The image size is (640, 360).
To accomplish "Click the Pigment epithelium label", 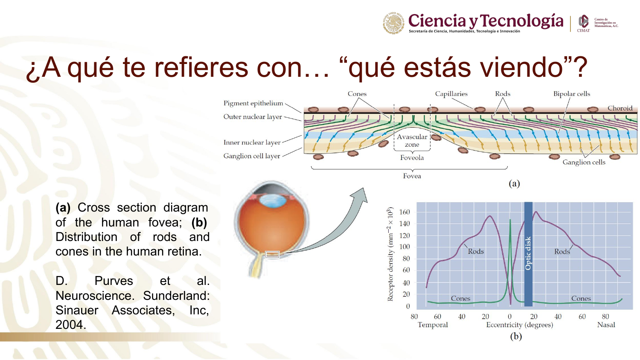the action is (253, 103).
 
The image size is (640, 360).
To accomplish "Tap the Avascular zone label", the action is (412, 141).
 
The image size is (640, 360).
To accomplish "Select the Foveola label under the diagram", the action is (412, 158).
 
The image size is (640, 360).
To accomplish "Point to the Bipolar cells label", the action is (571, 94).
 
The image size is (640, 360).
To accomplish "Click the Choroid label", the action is (620, 108).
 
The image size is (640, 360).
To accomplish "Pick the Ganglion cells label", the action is (584, 162).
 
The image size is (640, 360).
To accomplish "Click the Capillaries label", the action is (451, 94).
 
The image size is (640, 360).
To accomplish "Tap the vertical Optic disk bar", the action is (528, 254).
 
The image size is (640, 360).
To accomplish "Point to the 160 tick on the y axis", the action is (404, 212).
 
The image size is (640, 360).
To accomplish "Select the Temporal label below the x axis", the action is (433, 325).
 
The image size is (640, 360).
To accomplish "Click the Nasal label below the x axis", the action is (606, 325).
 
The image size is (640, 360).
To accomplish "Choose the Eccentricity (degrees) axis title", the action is (519, 325).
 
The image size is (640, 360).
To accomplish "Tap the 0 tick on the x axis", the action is (509, 316).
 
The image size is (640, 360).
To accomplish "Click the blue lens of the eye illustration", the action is (273, 200).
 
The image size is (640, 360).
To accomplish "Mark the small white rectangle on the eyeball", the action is (272, 254).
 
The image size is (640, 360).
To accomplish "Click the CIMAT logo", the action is (583, 23).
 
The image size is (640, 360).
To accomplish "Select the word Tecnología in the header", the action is (521, 21).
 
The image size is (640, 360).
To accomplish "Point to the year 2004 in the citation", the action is (70, 325).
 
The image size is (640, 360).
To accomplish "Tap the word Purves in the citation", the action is (114, 281).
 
